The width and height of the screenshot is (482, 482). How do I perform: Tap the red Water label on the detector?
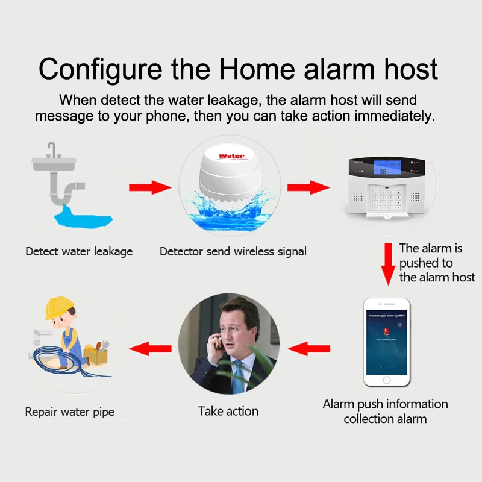[231, 156]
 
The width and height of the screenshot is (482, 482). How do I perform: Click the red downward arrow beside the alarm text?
[389, 264]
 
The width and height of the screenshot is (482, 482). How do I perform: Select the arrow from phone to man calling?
[309, 348]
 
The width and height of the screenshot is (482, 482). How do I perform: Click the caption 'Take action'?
[228, 412]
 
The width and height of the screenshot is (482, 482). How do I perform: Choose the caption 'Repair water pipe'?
[70, 413]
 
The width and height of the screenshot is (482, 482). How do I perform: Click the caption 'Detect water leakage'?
[79, 251]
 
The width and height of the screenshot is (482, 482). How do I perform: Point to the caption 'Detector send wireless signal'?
[233, 251]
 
